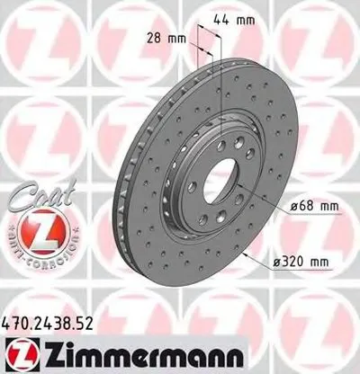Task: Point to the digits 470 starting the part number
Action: pyautogui.click(x=20, y=319)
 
